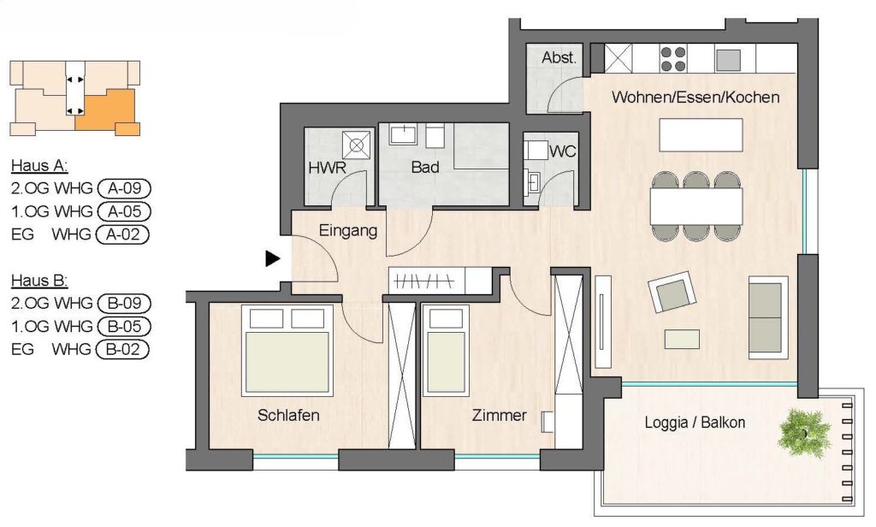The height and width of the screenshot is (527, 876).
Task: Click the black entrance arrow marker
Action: click(272, 258)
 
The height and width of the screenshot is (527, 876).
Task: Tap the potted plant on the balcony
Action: click(804, 431)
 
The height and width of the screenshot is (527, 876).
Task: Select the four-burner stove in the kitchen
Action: click(672, 59)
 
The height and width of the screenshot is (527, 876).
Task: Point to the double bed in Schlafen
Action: click(287, 351)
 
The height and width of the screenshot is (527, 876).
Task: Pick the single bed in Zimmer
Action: click(445, 351)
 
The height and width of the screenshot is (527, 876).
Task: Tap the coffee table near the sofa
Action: click(682, 340)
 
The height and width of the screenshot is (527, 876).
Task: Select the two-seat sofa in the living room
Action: click(768, 317)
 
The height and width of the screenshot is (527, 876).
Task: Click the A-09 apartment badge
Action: click(124, 188)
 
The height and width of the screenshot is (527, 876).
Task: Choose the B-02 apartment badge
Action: click(123, 349)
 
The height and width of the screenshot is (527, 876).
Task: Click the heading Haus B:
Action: click(39, 280)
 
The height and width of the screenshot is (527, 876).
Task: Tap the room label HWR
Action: click(327, 168)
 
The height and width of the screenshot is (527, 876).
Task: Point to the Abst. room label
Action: click(559, 57)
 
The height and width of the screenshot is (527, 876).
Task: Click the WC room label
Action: click(562, 151)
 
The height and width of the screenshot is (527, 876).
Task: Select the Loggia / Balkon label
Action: click(695, 423)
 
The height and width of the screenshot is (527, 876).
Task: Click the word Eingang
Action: click(347, 231)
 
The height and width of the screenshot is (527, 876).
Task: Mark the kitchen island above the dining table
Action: click(701, 134)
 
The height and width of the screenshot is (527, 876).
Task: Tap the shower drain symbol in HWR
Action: click(356, 145)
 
